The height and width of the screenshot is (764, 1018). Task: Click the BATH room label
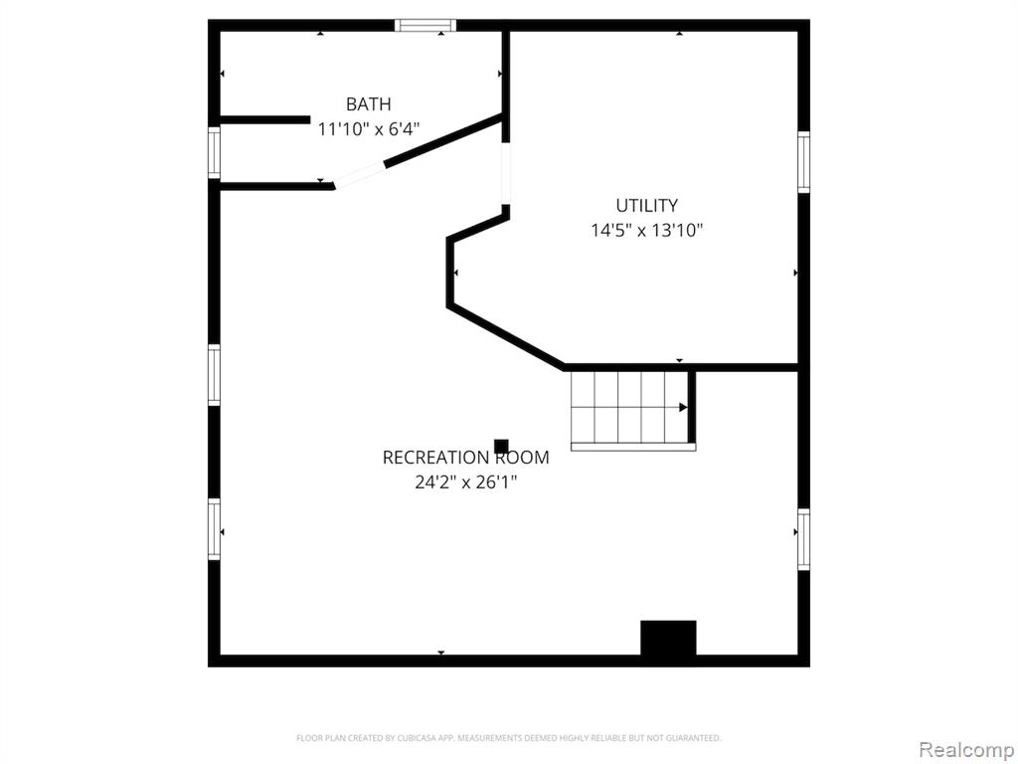(x=368, y=103)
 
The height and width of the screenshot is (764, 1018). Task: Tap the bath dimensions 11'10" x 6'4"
(x=368, y=128)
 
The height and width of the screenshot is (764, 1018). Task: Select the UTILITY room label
(x=646, y=205)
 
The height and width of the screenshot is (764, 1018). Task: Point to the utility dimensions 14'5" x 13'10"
(x=646, y=230)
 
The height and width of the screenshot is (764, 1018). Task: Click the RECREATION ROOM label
(x=465, y=458)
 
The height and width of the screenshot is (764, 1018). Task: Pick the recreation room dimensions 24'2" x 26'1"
(x=465, y=482)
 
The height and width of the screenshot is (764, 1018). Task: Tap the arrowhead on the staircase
(x=683, y=407)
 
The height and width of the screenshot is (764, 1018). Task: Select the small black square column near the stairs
(x=501, y=447)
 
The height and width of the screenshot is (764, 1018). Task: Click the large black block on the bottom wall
(x=669, y=638)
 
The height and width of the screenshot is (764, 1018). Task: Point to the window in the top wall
(x=425, y=25)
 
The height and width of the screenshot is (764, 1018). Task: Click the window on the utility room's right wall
(x=803, y=162)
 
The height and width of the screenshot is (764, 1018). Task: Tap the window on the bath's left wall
(x=215, y=152)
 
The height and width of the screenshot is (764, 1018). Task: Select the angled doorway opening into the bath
(x=359, y=175)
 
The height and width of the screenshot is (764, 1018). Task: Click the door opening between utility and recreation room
(x=506, y=173)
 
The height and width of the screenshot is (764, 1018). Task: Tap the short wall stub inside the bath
(x=264, y=119)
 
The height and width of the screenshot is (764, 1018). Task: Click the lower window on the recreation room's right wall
(x=803, y=539)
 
